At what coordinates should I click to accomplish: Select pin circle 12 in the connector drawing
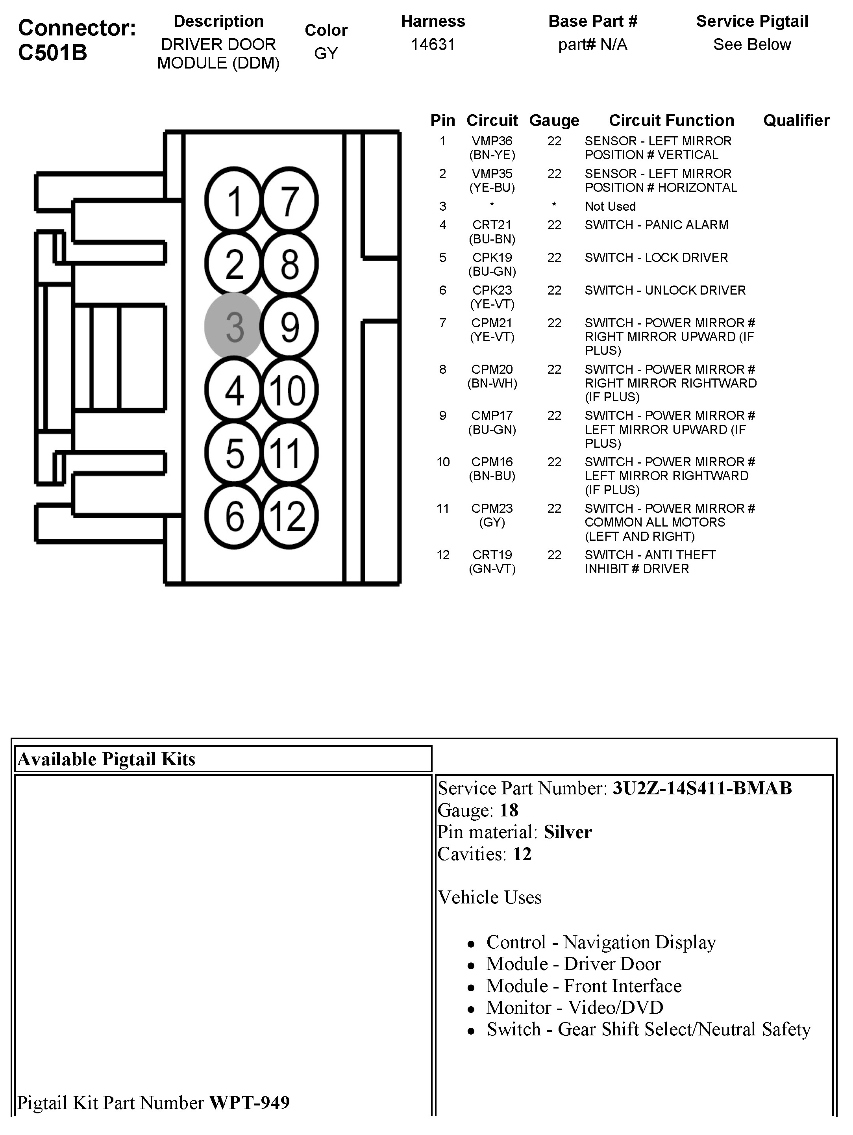pyautogui.click(x=289, y=516)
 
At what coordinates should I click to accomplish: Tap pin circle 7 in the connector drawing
pyautogui.click(x=289, y=200)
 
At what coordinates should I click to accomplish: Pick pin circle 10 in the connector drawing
pyautogui.click(x=289, y=390)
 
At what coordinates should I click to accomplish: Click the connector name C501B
pyautogui.click(x=52, y=53)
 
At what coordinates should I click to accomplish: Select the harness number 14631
pyautogui.click(x=433, y=45)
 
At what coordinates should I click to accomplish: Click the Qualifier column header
pyautogui.click(x=796, y=121)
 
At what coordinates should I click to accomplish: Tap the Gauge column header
pyautogui.click(x=554, y=121)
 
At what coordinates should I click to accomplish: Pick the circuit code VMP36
pyautogui.click(x=492, y=141)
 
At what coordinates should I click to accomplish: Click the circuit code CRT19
pyautogui.click(x=492, y=555)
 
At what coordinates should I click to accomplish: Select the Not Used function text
pyautogui.click(x=610, y=206)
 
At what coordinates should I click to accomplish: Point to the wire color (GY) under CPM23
pyautogui.click(x=492, y=522)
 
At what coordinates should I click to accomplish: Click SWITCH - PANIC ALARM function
pyautogui.click(x=656, y=225)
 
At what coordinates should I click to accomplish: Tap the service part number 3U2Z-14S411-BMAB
pyautogui.click(x=702, y=788)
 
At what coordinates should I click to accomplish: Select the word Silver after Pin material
pyautogui.click(x=568, y=832)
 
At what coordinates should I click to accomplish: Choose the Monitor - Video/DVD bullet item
pyautogui.click(x=574, y=1007)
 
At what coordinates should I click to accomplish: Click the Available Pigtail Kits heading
pyautogui.click(x=107, y=759)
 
